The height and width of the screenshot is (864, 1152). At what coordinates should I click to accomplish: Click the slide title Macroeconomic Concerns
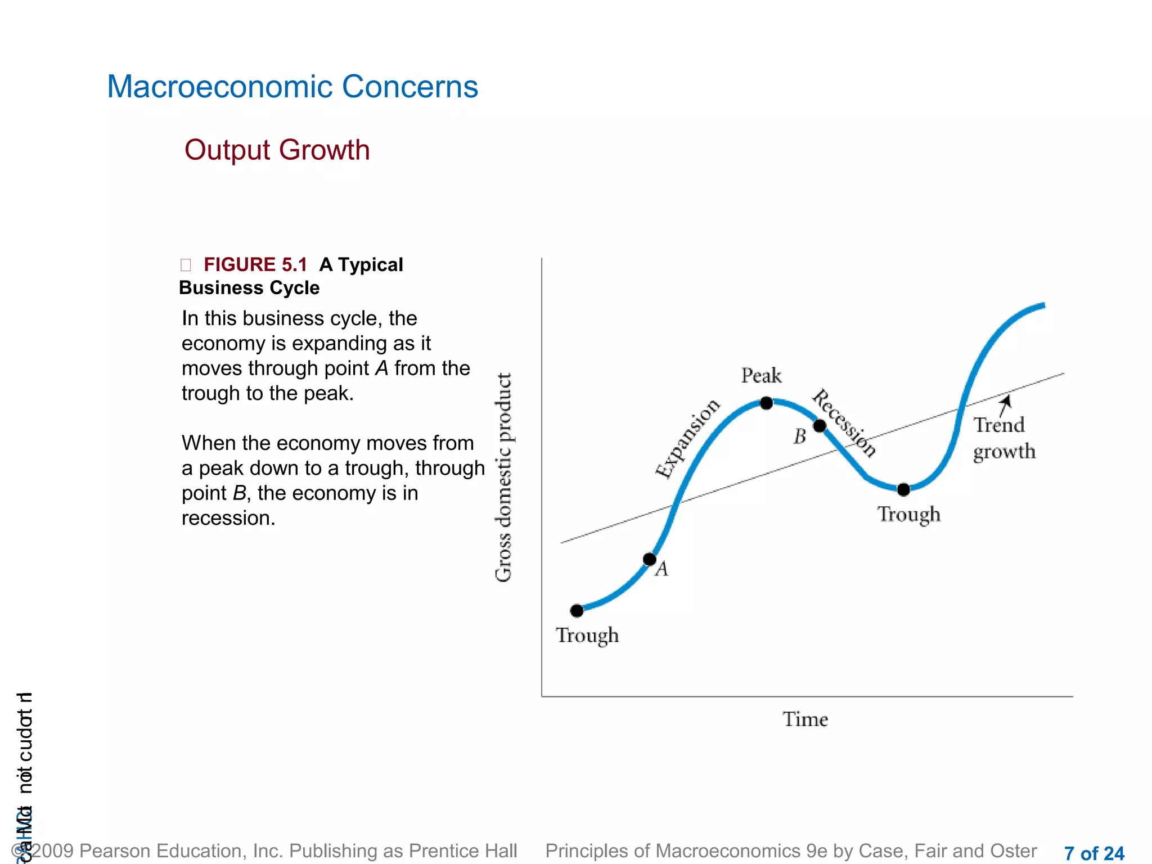[x=292, y=87]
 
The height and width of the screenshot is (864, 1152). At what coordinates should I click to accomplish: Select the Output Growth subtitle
[x=277, y=150]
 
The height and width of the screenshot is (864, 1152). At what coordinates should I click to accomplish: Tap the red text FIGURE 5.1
[x=255, y=264]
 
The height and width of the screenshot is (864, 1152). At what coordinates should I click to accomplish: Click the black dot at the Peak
[x=766, y=403]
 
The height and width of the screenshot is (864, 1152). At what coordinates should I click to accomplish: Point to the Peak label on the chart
[x=761, y=375]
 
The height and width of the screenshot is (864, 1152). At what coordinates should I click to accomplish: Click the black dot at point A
[x=649, y=559]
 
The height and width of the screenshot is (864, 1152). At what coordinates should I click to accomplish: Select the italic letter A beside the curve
[x=662, y=569]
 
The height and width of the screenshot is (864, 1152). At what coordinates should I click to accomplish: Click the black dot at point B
[x=820, y=426]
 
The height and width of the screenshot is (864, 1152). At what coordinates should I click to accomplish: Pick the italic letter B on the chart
[x=800, y=436]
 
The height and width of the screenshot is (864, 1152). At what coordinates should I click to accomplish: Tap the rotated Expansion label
[x=687, y=438]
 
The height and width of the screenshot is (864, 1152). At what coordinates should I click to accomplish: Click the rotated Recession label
[x=844, y=423]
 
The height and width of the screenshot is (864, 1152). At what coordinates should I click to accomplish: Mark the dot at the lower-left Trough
[x=577, y=610]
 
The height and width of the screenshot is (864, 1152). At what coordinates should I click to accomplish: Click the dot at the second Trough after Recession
[x=903, y=489]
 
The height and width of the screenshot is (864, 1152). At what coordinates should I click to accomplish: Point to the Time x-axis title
[x=805, y=719]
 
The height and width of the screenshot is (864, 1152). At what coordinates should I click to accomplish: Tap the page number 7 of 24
[x=1093, y=853]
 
